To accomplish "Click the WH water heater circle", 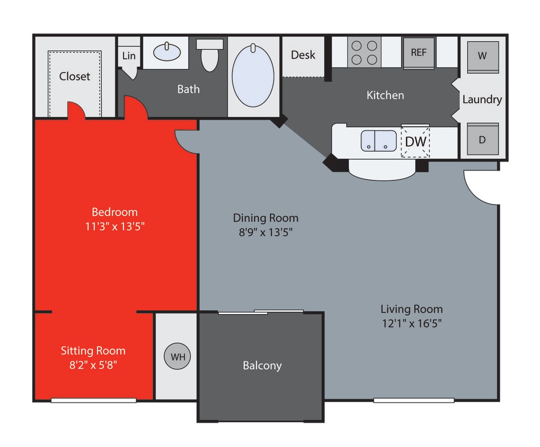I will tap(178, 356).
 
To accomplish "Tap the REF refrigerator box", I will tap(419, 52).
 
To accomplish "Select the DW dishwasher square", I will tap(415, 142).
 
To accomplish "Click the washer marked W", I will tap(482, 56).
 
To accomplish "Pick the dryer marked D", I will tap(482, 139).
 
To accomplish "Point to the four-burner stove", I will tap(365, 52).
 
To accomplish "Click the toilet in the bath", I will tap(210, 55).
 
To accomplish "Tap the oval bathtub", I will tap(253, 77).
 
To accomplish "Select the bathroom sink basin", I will tap(166, 52).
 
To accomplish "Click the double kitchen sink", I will tap(379, 141).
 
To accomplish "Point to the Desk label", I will tap(303, 55).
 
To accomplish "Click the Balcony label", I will tap(262, 365).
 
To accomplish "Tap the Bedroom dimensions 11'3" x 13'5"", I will tap(114, 226).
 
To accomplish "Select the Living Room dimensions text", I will tap(411, 323).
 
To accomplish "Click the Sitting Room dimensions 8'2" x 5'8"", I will tap(93, 364).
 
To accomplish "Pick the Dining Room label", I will tap(265, 218).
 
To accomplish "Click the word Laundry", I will tap(482, 99).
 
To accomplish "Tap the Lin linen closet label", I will tap(129, 56).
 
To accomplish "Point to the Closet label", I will tap(75, 76).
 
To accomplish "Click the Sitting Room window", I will tap(93, 400).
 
